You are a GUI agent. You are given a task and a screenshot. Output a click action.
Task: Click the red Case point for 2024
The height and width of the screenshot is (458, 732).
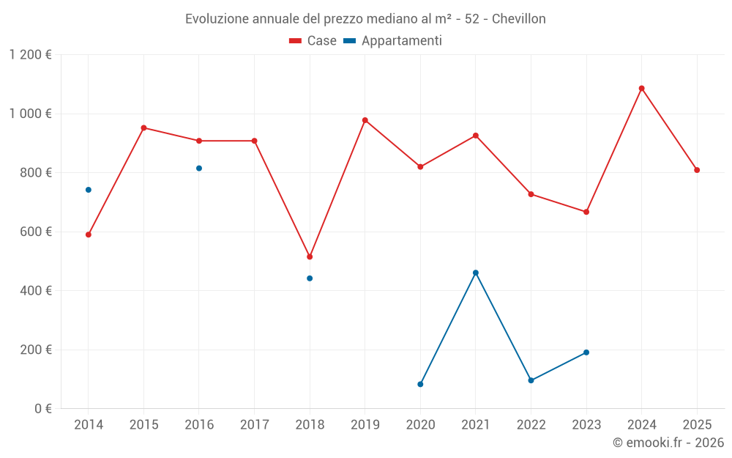tap(641, 89)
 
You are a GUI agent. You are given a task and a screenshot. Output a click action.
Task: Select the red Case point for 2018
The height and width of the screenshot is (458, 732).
tap(310, 256)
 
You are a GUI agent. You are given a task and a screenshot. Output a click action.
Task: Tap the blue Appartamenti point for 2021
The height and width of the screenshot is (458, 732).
tap(476, 273)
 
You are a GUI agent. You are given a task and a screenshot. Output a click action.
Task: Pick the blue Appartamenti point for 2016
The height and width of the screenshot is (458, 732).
tap(199, 169)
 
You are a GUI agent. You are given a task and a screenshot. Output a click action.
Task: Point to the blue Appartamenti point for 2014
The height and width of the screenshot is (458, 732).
tap(89, 190)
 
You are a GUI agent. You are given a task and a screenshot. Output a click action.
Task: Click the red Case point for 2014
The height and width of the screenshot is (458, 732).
tap(89, 234)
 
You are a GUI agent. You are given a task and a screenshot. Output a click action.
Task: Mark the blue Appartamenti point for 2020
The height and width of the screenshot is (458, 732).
tap(420, 384)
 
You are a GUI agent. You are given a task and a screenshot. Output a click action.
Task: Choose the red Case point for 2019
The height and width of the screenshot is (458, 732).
tap(365, 120)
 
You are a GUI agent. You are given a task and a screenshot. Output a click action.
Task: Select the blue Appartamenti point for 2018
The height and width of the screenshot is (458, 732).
tap(310, 278)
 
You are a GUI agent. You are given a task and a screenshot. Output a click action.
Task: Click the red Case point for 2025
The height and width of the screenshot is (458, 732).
tap(697, 170)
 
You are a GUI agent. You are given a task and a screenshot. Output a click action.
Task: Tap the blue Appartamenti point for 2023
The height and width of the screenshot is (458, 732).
tap(586, 352)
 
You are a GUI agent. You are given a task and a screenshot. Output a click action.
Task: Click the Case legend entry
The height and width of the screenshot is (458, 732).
tap(313, 41)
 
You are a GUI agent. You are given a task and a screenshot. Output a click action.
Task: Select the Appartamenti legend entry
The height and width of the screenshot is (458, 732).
tap(393, 41)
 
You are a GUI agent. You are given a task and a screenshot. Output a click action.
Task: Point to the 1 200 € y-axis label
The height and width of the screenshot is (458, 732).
tap(30, 55)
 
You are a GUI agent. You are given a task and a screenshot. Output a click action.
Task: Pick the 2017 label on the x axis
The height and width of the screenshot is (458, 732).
tap(254, 425)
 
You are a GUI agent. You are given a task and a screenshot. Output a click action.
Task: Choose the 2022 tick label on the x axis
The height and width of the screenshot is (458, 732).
tap(531, 425)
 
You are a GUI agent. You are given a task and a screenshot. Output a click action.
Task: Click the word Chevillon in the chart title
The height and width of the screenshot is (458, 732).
tap(518, 19)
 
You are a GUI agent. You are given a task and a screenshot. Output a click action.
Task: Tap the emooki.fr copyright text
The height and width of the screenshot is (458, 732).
tap(668, 443)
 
